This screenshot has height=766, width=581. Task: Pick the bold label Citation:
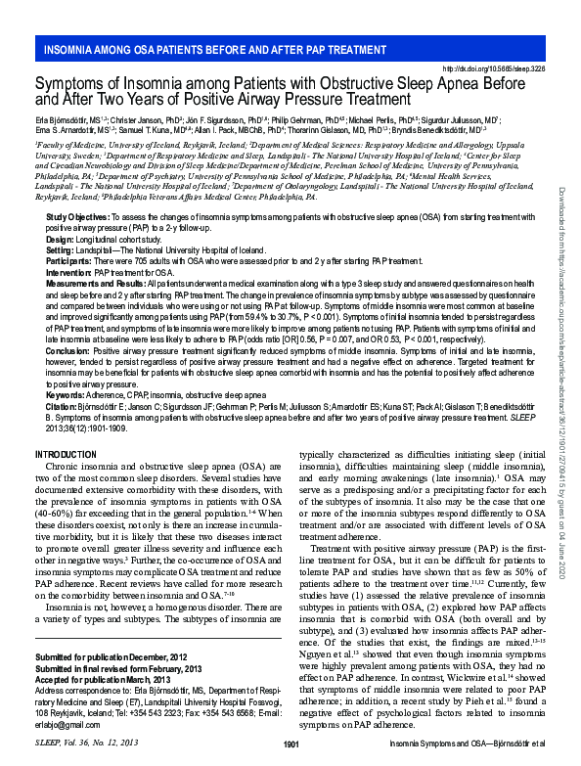[66, 407]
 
